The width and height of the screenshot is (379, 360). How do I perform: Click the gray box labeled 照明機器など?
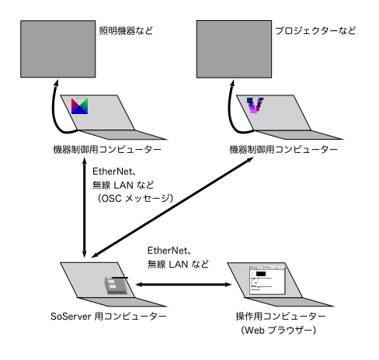(58, 49)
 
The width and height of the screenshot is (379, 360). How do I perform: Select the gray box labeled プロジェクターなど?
(234, 49)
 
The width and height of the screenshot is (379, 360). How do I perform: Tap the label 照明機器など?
(126, 31)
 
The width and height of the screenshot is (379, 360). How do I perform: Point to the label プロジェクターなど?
(315, 31)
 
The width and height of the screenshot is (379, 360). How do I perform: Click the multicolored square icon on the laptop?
(79, 106)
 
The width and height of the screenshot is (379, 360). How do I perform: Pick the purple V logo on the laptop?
(255, 105)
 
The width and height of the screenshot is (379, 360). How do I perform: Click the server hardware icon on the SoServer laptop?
(116, 286)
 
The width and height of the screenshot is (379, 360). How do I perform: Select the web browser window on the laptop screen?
(267, 280)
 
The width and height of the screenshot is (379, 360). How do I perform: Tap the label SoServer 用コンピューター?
(109, 317)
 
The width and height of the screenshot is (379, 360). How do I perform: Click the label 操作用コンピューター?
(280, 317)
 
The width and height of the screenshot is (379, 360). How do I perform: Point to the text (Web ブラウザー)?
(279, 331)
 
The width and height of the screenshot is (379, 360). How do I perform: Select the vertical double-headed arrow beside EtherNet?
(84, 207)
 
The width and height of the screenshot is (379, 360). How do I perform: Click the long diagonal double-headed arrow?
(172, 207)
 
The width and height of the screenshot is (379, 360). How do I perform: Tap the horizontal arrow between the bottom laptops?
(183, 285)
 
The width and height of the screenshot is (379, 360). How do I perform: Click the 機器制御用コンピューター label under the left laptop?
(107, 150)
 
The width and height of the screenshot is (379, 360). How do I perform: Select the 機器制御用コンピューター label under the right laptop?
(283, 150)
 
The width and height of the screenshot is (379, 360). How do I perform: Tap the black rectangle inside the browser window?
(261, 274)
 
